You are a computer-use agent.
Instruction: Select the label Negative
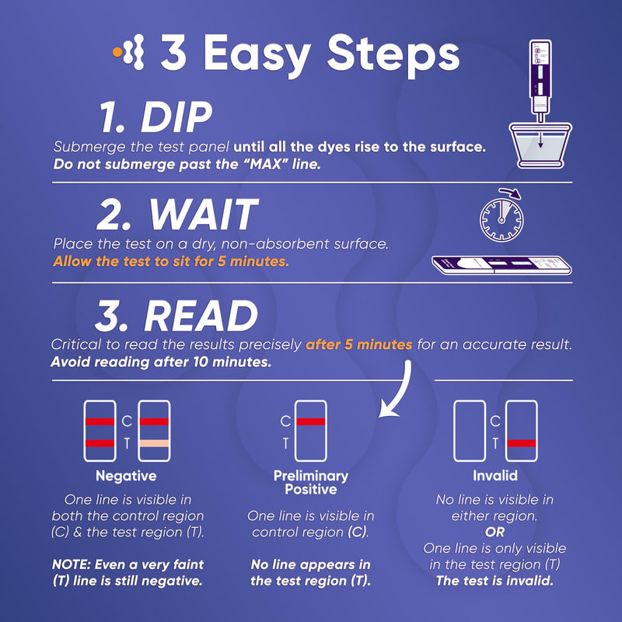click(126, 476)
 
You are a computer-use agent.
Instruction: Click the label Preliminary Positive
click(310, 482)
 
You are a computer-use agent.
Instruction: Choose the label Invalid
click(495, 476)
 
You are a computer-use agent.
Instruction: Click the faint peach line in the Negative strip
click(154, 443)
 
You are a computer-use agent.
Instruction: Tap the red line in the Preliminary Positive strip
click(310, 421)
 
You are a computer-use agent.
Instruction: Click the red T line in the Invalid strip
click(521, 443)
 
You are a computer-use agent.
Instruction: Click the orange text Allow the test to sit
click(171, 261)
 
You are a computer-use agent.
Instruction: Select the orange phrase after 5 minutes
click(359, 344)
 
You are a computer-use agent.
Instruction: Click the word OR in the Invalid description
click(495, 533)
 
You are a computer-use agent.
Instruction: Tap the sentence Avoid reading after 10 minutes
click(161, 362)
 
